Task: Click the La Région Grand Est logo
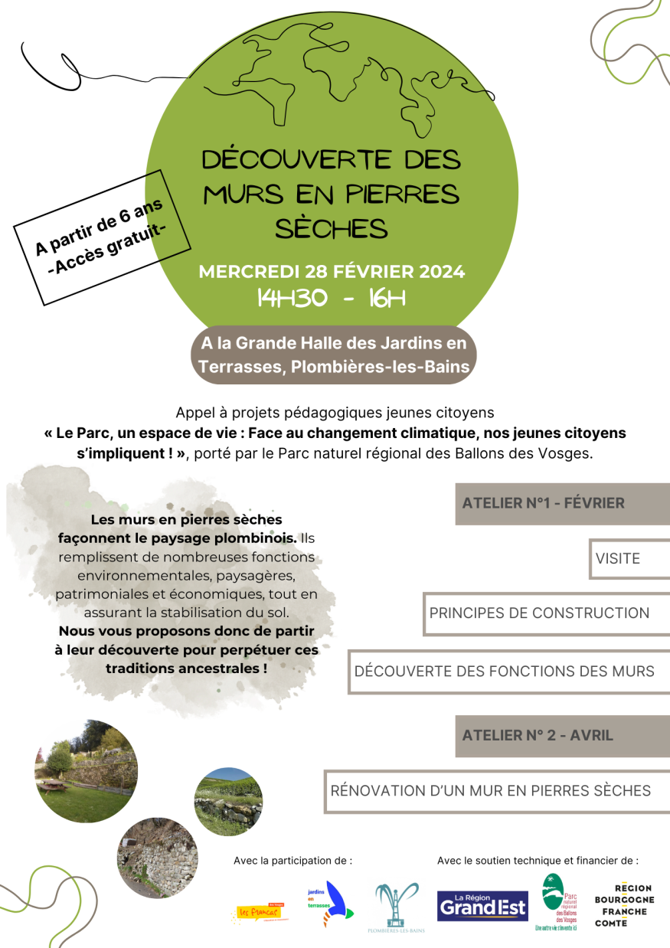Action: pyautogui.click(x=482, y=905)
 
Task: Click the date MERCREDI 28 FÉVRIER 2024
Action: pyautogui.click(x=332, y=272)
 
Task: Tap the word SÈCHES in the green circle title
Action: pyautogui.click(x=331, y=227)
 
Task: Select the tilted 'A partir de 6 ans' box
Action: pyautogui.click(x=102, y=237)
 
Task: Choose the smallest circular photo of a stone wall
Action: pyautogui.click(x=228, y=802)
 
